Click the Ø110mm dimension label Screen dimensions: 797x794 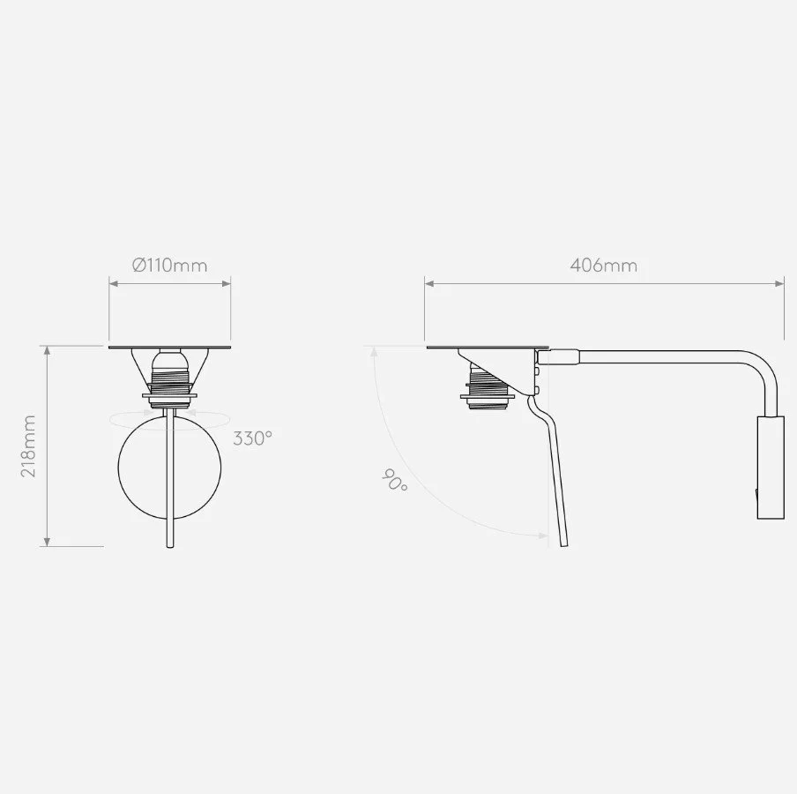170,266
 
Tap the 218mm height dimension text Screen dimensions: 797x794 28,446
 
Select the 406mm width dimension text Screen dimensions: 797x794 603,266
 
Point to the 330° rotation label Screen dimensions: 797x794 253,438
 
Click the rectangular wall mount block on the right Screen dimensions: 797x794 771,468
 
